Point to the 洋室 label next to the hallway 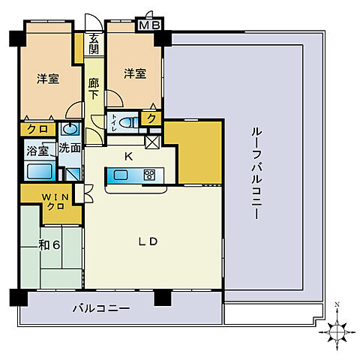click(x=135, y=73)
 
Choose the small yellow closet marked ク click(x=151, y=118)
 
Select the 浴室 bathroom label click(x=38, y=150)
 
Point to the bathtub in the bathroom click(x=41, y=172)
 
